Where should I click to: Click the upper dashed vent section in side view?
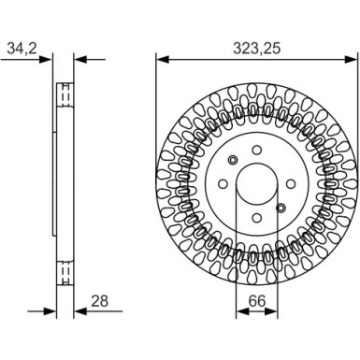tap(65, 95)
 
